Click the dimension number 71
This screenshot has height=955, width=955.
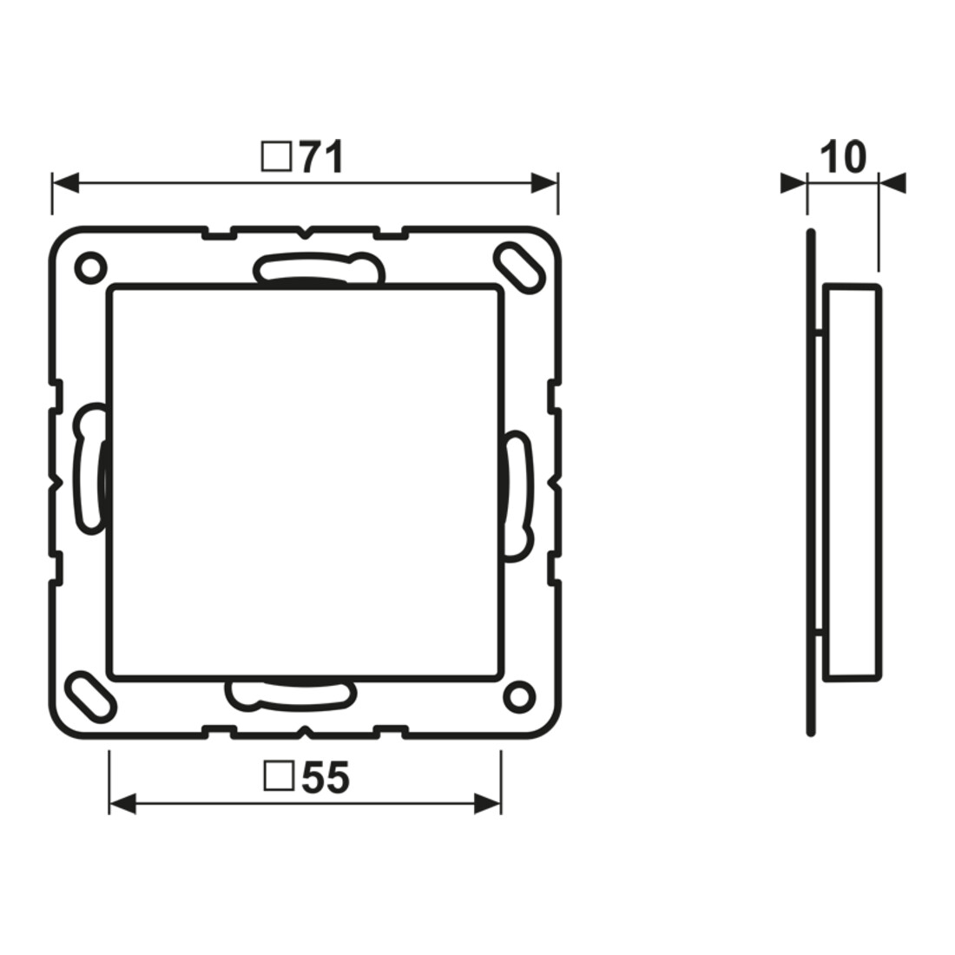[x=321, y=158]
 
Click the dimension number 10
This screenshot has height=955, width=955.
[x=842, y=157]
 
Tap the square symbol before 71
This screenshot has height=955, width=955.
[x=276, y=157]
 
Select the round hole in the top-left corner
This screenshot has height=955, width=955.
[x=90, y=267]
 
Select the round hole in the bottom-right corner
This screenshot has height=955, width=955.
[x=519, y=696]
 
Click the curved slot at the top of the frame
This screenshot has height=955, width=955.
[x=319, y=268]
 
